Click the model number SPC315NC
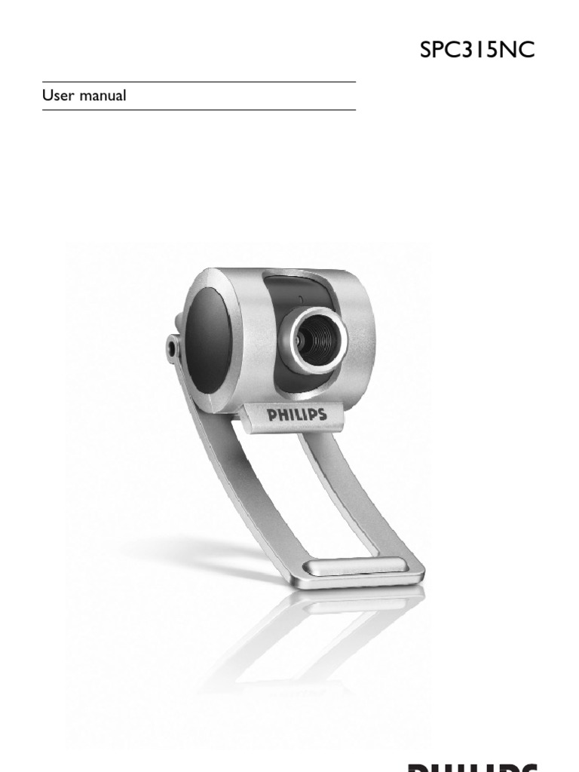point(478,51)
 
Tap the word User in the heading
point(57,96)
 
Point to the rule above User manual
point(199,81)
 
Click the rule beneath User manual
point(199,110)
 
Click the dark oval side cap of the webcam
point(208,339)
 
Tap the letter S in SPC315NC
point(427,51)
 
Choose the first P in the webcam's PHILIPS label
point(271,415)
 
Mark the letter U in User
point(47,96)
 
